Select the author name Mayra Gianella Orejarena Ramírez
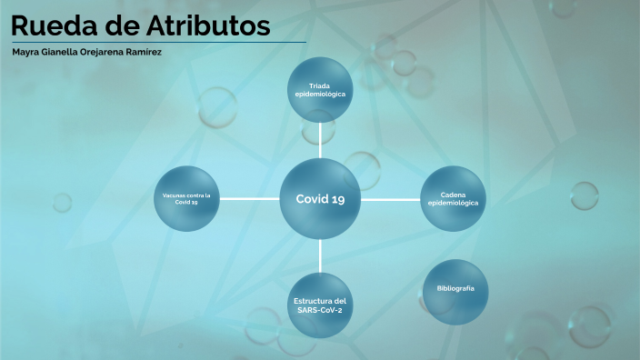click(87, 52)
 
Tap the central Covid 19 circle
click(320, 199)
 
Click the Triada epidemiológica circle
click(320, 90)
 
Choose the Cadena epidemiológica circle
click(453, 199)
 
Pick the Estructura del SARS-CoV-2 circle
click(320, 305)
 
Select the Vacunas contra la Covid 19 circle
click(186, 199)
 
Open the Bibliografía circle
click(455, 290)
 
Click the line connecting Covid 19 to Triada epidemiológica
click(320, 140)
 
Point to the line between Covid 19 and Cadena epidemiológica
click(390, 199)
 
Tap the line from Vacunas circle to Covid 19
click(249, 199)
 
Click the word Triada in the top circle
click(320, 85)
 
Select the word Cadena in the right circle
click(453, 195)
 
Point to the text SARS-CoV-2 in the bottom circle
click(320, 310)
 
